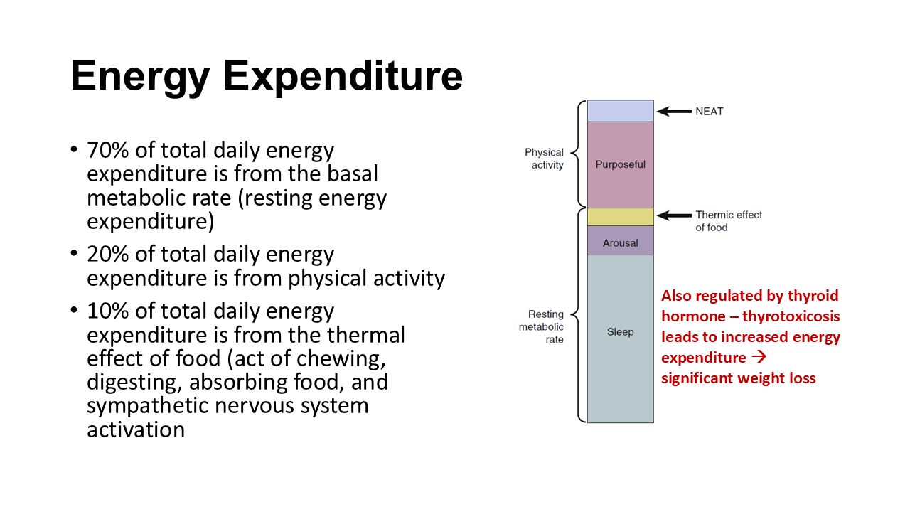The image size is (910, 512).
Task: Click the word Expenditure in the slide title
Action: [x=343, y=75]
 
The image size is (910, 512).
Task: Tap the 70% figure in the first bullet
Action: [x=107, y=150]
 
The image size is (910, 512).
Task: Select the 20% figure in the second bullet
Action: [x=107, y=254]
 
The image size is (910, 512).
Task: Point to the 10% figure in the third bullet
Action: [x=107, y=311]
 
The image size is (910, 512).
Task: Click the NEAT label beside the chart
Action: [x=710, y=112]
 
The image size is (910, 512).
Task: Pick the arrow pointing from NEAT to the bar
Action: [x=675, y=112]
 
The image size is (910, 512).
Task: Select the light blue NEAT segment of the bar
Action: [x=621, y=111]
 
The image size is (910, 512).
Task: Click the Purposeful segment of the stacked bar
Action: [x=621, y=164]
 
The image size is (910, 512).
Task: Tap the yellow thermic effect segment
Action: [x=621, y=217]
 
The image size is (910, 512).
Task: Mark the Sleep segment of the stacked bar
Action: [x=621, y=339]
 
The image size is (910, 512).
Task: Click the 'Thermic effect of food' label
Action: [x=729, y=221]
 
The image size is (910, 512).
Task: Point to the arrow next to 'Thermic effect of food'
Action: [x=675, y=215]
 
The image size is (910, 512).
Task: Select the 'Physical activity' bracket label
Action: [x=545, y=159]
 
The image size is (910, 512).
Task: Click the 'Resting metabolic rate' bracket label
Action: [x=542, y=326]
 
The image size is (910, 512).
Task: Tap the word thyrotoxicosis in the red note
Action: [x=791, y=316]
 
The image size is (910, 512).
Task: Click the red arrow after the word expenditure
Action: [x=759, y=357]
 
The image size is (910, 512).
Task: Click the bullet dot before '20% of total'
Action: [x=73, y=253]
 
